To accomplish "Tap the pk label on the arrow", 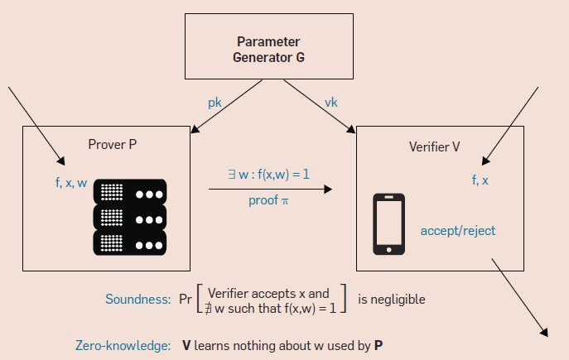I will [215, 103].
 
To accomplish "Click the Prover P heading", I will [112, 145].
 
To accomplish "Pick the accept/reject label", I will [457, 230].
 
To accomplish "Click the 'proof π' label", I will [268, 200].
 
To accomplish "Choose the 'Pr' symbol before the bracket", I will [186, 300].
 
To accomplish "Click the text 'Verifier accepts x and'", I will [269, 292].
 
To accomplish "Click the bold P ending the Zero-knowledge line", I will [378, 343].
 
